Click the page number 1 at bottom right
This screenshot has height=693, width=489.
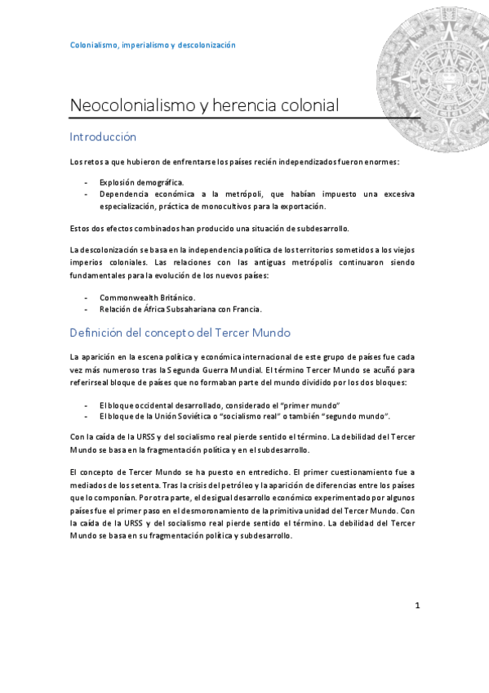[417, 606]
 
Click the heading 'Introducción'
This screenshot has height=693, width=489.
[103, 136]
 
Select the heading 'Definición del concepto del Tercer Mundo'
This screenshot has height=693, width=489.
[180, 333]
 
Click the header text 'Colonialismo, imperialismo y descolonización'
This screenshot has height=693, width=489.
[153, 45]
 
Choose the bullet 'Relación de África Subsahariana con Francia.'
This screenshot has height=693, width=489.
[180, 310]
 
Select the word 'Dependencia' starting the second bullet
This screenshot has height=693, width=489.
[126, 194]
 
